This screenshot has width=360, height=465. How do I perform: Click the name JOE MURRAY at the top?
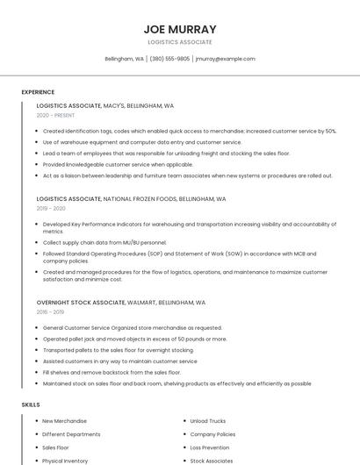[179, 29]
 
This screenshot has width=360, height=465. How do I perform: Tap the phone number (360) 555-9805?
[169, 59]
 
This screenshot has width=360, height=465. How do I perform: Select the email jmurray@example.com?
[225, 59]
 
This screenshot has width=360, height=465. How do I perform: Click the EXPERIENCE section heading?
[38, 92]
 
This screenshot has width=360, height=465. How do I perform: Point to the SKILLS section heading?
[31, 404]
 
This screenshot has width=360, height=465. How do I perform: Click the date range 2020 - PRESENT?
[55, 115]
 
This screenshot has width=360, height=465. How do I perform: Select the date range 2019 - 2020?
[51, 209]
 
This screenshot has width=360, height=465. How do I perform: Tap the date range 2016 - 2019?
[50, 311]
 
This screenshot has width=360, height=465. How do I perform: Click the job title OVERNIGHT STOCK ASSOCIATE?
[81, 303]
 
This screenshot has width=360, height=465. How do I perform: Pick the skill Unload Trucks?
[208, 421]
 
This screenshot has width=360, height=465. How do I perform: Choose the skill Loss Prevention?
[210, 447]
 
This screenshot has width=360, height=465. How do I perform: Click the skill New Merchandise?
[64, 421]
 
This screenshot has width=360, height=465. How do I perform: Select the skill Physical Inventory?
[65, 461]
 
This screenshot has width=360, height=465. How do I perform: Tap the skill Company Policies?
[212, 434]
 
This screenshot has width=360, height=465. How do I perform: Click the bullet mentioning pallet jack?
[134, 339]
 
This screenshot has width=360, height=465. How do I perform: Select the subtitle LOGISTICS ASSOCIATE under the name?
[179, 42]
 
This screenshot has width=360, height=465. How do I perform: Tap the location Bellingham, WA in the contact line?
[125, 59]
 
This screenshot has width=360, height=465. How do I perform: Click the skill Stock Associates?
[212, 461]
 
